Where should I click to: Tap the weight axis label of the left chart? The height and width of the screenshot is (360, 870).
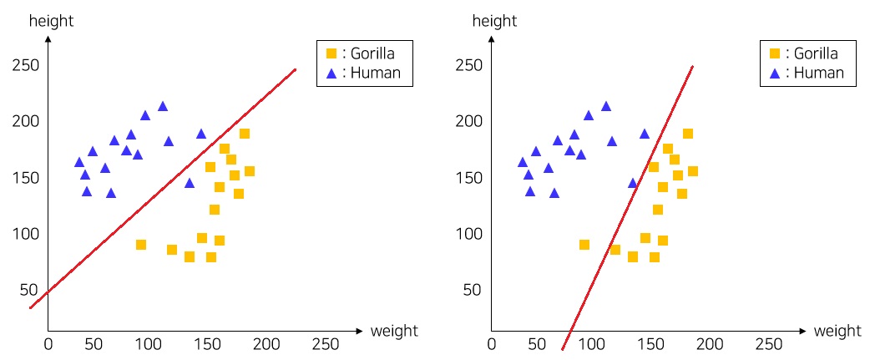click(394, 331)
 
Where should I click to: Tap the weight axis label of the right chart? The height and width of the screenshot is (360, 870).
click(837, 331)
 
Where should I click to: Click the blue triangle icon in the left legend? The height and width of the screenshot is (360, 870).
click(331, 74)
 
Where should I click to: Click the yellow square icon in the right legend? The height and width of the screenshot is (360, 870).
click(774, 53)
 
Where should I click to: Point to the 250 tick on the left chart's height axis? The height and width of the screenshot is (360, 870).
click(26, 65)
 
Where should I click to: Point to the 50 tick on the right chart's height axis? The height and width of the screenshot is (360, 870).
click(473, 289)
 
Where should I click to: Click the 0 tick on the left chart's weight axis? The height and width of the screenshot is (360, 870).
click(48, 344)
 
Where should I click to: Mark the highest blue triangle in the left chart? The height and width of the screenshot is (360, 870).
click(163, 106)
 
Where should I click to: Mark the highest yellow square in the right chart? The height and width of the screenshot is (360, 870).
click(688, 134)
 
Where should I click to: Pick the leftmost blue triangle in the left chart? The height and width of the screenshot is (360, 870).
click(79, 162)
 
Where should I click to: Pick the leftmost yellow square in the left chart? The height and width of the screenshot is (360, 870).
click(141, 245)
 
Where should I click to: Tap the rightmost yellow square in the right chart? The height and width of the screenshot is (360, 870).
click(692, 171)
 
